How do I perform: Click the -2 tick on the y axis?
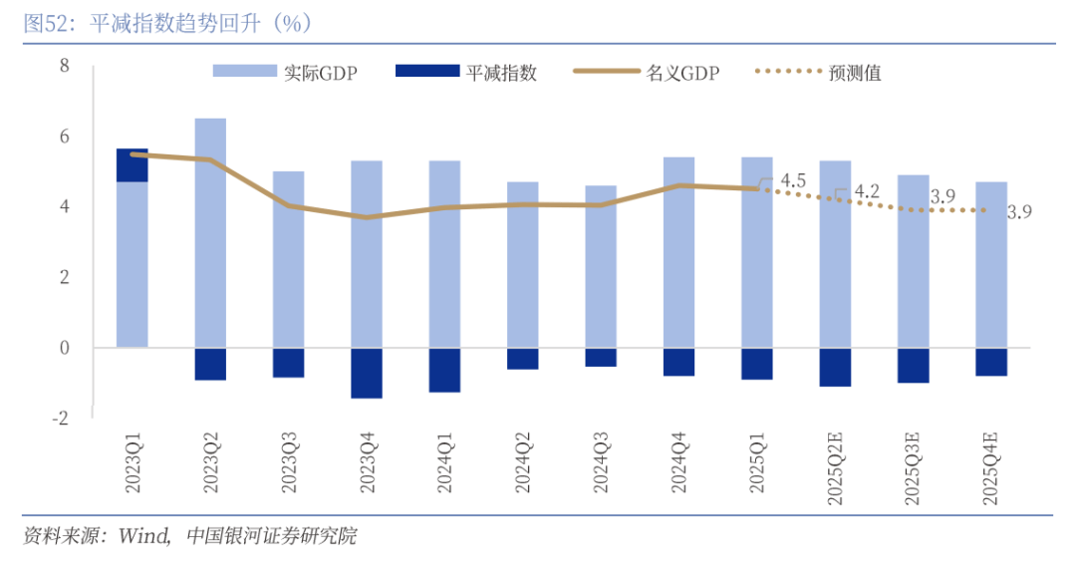tap(61, 419)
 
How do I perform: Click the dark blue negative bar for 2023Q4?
tap(367, 373)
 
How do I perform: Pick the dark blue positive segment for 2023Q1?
tap(133, 165)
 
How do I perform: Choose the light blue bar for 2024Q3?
tap(601, 266)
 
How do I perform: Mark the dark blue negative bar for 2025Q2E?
tap(835, 367)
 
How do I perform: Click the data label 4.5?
tap(793, 180)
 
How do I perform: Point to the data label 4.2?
tap(867, 190)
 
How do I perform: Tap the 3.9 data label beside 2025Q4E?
tap(1019, 211)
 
